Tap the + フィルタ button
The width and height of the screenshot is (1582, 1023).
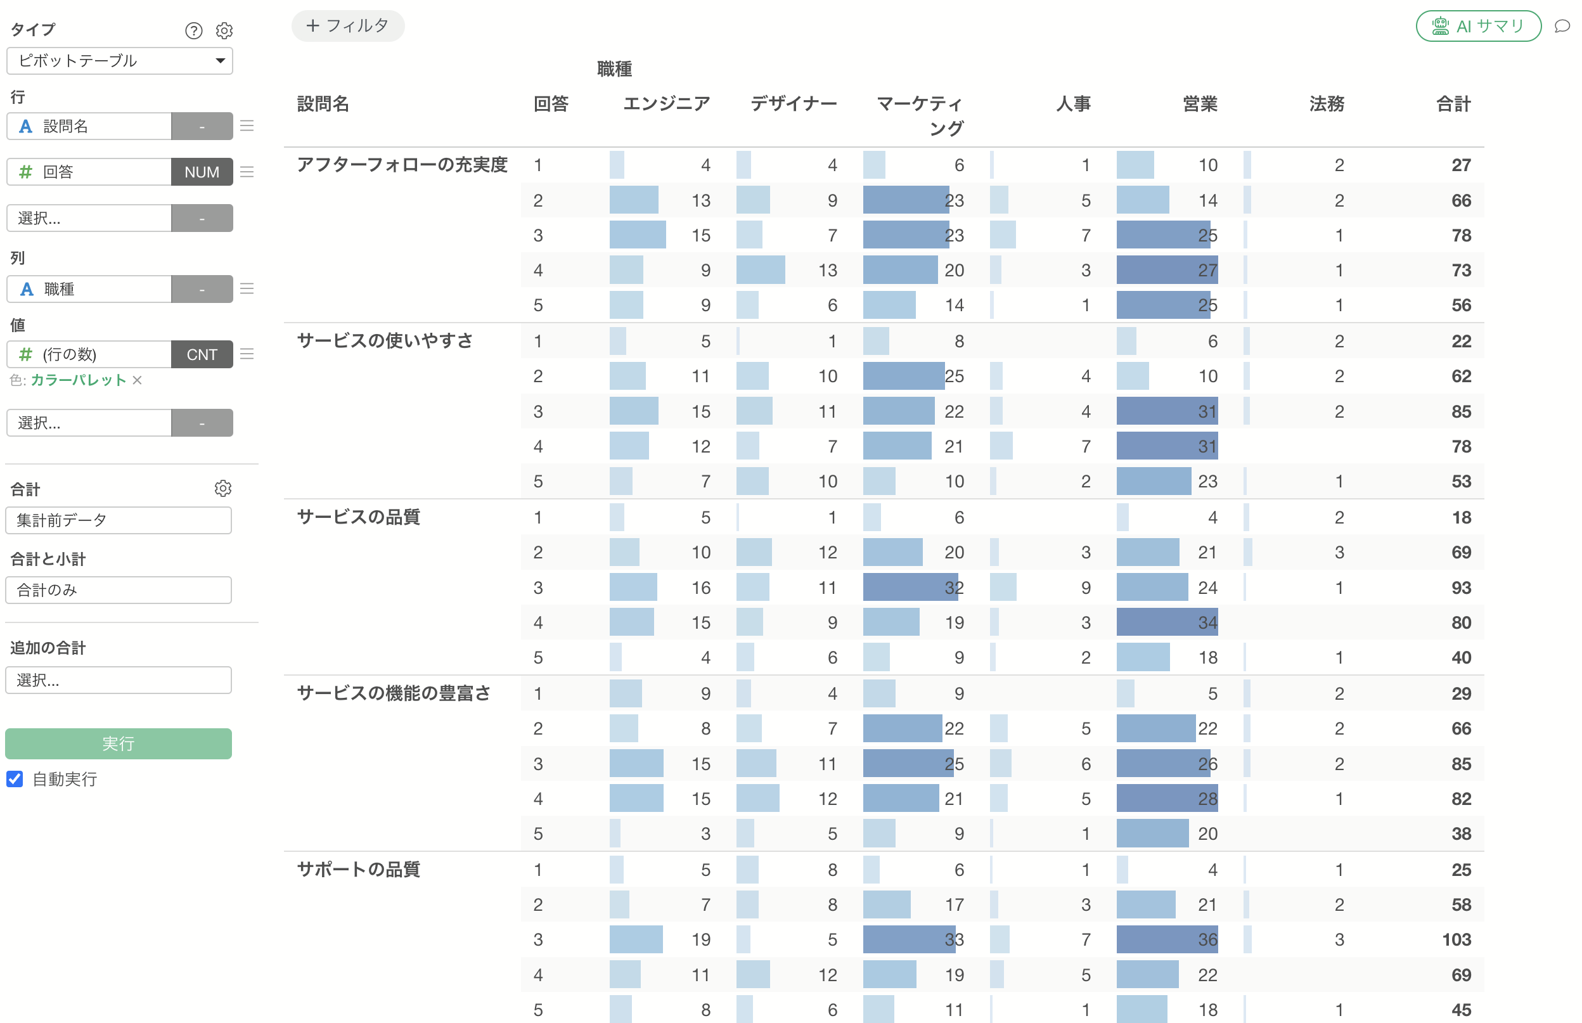[x=347, y=26]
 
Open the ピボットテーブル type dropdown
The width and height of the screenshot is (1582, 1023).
[x=120, y=60]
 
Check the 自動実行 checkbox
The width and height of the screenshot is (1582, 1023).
[x=15, y=778]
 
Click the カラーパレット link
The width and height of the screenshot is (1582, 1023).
[x=79, y=380]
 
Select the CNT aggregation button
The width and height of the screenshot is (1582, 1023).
[x=202, y=354]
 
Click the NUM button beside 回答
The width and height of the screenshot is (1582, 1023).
[x=202, y=172]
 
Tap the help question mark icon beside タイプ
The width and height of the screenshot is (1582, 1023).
[x=193, y=30]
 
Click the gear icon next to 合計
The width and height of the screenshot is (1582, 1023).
[x=223, y=489]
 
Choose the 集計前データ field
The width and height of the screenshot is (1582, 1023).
[x=119, y=520]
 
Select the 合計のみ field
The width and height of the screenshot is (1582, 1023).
[x=119, y=590]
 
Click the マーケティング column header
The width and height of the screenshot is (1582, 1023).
[x=920, y=115]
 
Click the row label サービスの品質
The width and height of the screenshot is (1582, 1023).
[x=359, y=517]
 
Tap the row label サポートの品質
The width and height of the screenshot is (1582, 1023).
[x=359, y=870]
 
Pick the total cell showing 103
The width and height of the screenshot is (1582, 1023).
[x=1457, y=939]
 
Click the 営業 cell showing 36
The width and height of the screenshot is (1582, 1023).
[x=1207, y=939]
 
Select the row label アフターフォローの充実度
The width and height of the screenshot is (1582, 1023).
[x=402, y=165]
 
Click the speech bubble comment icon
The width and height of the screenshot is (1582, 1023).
[x=1562, y=27]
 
